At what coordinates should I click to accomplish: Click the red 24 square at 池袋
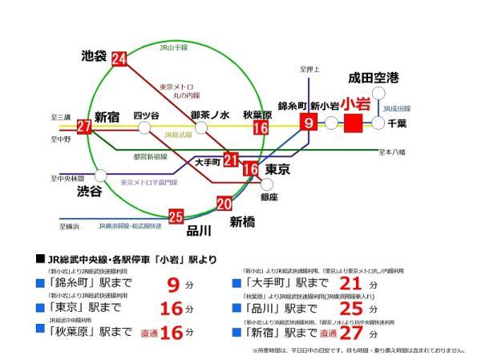(x=120, y=59)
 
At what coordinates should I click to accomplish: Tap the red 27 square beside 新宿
(x=84, y=127)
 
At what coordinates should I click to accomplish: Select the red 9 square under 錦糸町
(x=309, y=123)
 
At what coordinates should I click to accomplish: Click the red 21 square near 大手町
(x=231, y=160)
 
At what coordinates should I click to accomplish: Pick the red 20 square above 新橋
(x=224, y=204)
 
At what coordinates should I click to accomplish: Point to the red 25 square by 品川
(x=176, y=215)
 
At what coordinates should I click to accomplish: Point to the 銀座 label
(x=269, y=196)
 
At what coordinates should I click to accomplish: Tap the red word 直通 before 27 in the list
(x=327, y=333)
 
